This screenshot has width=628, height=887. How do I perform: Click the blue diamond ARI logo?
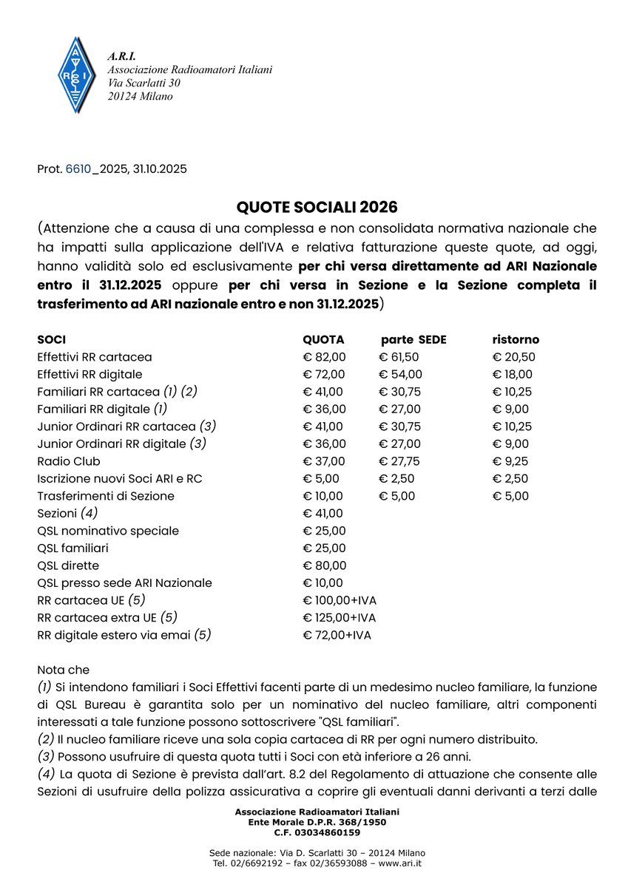point(74,75)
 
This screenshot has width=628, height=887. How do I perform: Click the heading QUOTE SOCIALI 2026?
point(317,206)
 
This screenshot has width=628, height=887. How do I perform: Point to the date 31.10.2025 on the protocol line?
point(159,169)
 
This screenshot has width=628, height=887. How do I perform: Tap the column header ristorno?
point(516,340)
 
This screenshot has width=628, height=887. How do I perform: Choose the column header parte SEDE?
point(413,340)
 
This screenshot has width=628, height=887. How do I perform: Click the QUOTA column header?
point(323,340)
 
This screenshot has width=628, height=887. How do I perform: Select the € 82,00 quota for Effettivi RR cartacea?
point(324,357)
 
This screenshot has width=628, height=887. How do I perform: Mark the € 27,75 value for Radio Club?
point(399,461)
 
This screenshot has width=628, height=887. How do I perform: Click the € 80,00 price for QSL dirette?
point(324,565)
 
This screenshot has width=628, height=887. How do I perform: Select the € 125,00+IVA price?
point(340,617)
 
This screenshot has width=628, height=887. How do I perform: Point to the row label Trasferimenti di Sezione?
point(106,496)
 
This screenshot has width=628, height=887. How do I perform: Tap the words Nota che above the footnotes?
point(63,670)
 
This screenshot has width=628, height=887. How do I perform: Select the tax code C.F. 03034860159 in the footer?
point(317,832)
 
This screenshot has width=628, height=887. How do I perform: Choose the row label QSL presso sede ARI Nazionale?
point(124,583)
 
